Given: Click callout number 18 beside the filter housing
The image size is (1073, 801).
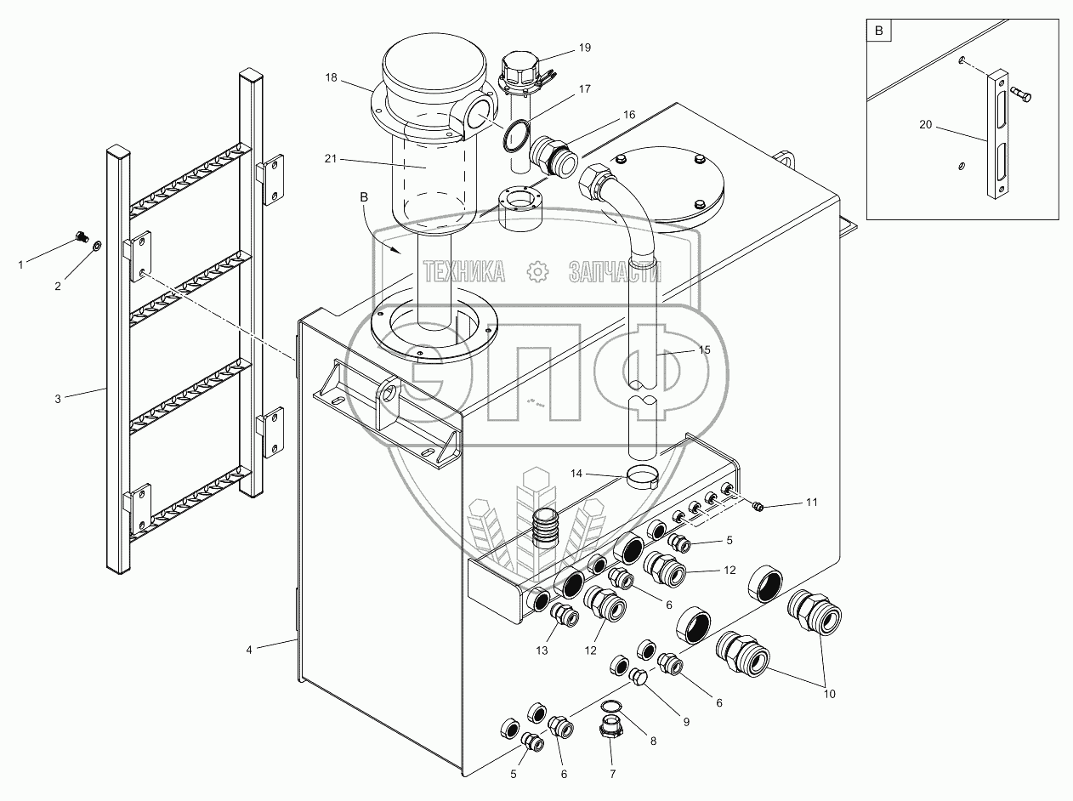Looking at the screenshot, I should point(331,77).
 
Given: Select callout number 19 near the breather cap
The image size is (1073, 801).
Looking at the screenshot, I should point(584,48).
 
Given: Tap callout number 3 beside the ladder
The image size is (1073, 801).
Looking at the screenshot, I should point(58,398).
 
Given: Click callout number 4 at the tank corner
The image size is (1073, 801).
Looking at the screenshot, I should point(249,650).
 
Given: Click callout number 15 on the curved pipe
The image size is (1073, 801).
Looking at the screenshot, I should point(703,349).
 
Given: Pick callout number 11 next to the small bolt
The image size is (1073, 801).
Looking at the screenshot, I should point(811,503).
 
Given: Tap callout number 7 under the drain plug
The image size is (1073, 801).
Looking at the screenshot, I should point(612,774).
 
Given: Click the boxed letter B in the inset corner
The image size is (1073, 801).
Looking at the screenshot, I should point(879,31).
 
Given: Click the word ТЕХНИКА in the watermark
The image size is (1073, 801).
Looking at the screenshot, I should point(464,271).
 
